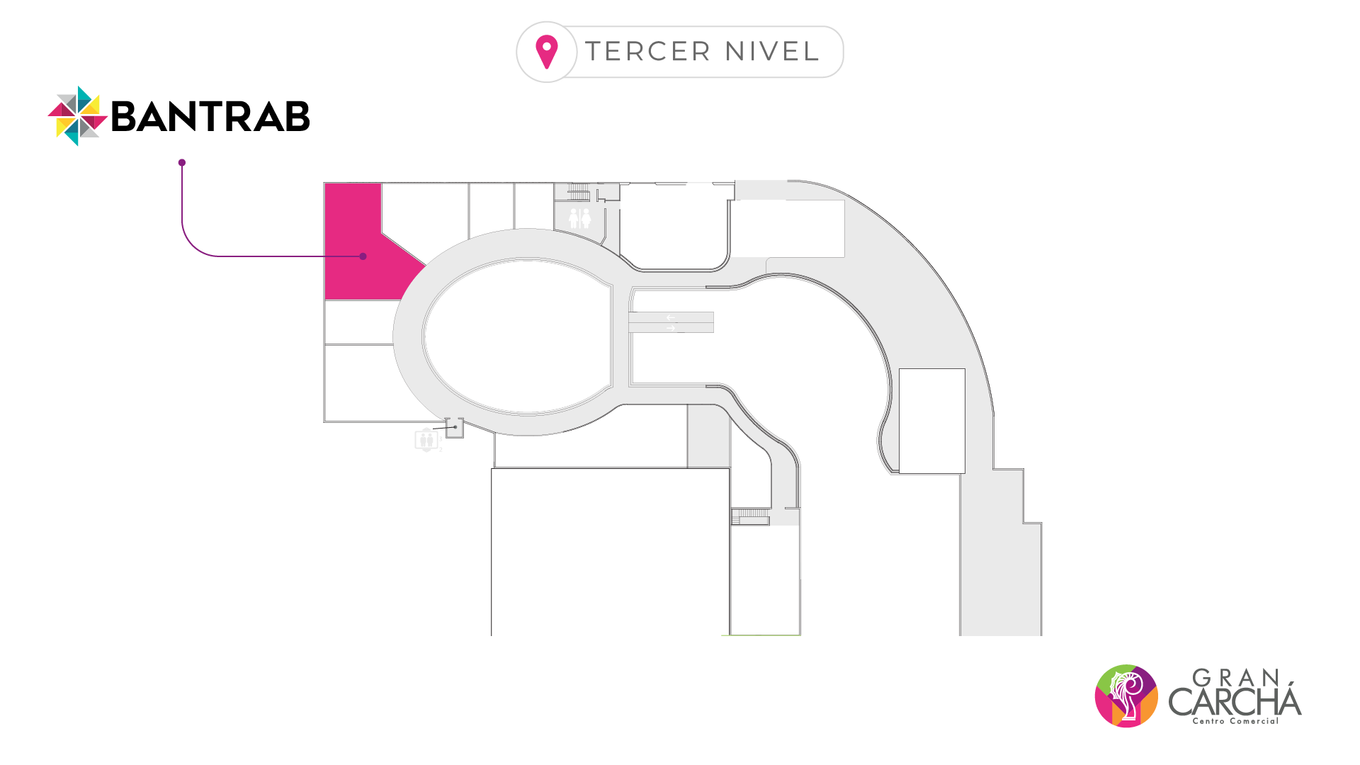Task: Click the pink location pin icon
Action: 547,51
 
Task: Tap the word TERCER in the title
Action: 647,52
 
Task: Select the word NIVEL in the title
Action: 772,52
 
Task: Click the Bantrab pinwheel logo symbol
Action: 77,116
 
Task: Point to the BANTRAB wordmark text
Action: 210,117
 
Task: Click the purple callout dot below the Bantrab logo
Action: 182,163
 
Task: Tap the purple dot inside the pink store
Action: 363,256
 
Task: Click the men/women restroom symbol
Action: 579,217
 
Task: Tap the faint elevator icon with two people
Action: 426,440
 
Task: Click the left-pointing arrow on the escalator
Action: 670,317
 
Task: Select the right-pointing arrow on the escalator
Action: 671,328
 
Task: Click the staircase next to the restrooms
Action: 579,192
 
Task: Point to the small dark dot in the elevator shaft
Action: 455,426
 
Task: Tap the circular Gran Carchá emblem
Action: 1126,696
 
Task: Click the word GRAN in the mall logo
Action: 1236,678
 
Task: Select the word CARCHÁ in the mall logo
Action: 1235,701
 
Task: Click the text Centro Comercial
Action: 1235,721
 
